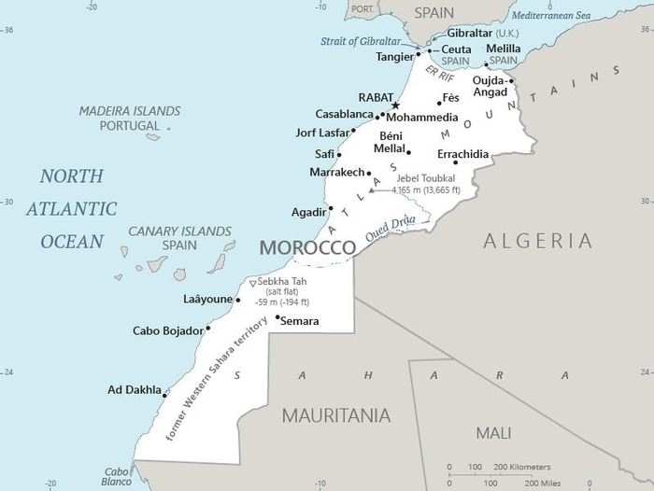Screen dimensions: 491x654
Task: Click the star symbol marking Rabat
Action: [395, 105]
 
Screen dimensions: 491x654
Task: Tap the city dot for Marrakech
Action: [369, 173]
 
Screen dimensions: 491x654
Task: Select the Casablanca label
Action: [345, 114]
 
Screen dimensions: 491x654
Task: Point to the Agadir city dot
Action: [331, 208]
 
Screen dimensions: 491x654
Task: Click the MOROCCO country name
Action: [307, 247]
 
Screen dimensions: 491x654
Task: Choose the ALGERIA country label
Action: [537, 241]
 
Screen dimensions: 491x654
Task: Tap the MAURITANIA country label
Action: [336, 415]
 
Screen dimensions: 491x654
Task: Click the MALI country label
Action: [493, 433]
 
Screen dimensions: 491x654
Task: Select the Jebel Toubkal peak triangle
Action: [372, 190]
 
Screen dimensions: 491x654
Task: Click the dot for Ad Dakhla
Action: [165, 395]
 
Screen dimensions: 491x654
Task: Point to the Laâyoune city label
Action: [206, 301]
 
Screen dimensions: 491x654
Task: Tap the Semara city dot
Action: [277, 316]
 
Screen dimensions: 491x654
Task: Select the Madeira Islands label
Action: [128, 111]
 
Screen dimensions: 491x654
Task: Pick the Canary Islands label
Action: [179, 231]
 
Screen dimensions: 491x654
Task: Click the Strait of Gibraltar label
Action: [361, 41]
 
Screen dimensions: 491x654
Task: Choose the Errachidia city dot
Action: [456, 162]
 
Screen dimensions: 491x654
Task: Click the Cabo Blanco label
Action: [117, 476]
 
